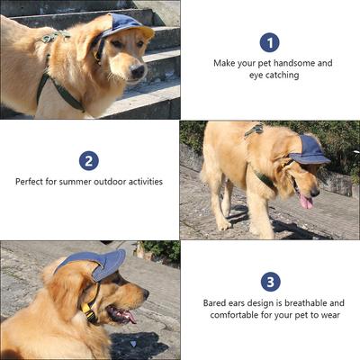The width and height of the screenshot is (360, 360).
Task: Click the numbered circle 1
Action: tap(269, 42)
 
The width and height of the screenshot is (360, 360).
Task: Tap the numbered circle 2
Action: tap(89, 161)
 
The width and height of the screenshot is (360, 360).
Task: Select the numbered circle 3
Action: tap(271, 282)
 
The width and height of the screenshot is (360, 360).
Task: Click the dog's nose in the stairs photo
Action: tap(138, 71)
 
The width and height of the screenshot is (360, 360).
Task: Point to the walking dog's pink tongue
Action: tap(306, 201)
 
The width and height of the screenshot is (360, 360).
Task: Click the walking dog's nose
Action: tap(315, 193)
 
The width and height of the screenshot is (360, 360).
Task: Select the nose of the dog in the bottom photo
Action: tap(146, 293)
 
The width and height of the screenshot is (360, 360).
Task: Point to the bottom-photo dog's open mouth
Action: tap(121, 314)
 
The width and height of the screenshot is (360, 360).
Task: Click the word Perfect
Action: tap(29, 182)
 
